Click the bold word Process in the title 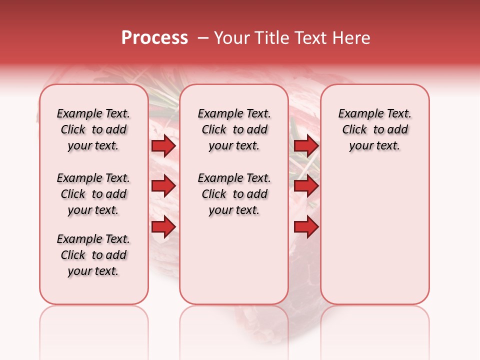pos(154,38)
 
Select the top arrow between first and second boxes pos(163,145)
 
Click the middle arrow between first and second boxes pos(163,186)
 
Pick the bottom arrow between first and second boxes pos(163,227)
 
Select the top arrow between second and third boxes pos(306,145)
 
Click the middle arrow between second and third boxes pos(306,186)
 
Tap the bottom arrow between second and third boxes pos(306,227)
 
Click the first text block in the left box pos(93,129)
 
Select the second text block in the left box pos(93,194)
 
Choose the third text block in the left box pos(93,255)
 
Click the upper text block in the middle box pos(234,129)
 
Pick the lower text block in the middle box pos(234,194)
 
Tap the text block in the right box pos(374,129)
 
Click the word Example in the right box pos(356,113)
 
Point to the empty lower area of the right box pos(374,240)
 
